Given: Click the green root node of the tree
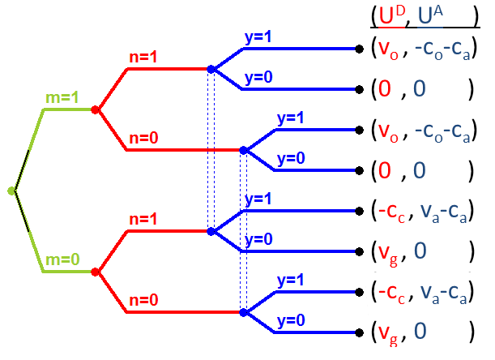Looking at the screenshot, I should pos(11,191).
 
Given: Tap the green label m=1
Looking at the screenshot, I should pos(62,98).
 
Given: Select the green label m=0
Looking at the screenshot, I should pos(62,260).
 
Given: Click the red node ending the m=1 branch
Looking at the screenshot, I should pos(96,109).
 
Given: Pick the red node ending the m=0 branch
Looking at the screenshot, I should pos(96,272).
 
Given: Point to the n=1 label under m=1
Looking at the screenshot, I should pos(147,58).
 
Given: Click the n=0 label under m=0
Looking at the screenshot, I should pos(147,299).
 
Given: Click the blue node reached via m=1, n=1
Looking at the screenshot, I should pos(211,70).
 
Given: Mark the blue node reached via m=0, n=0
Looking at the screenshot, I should pos(243,312).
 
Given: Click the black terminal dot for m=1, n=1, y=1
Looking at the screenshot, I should pos(359,49).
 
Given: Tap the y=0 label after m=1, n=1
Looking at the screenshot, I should pos(260,78).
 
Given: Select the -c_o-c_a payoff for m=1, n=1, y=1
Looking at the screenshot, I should pos(442,49).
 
